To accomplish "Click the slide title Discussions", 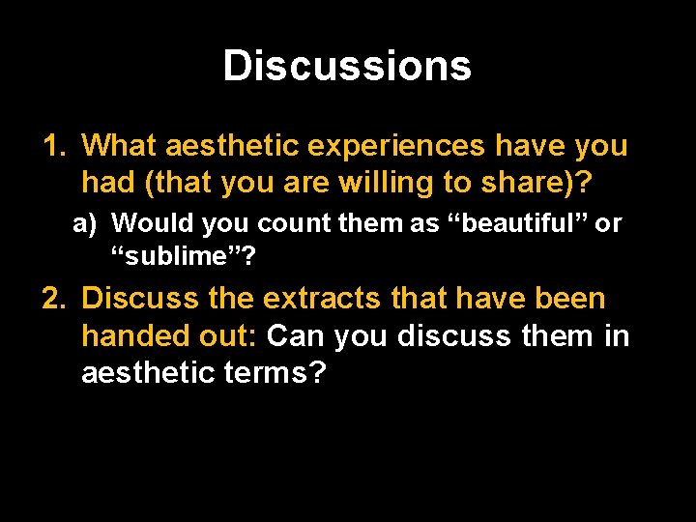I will (347, 66).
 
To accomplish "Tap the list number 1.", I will (52, 147).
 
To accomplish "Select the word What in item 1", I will (120, 147).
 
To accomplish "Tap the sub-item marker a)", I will (86, 223).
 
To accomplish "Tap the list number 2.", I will (52, 300).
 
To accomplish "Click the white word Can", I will (295, 335).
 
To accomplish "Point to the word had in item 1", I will (103, 182).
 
